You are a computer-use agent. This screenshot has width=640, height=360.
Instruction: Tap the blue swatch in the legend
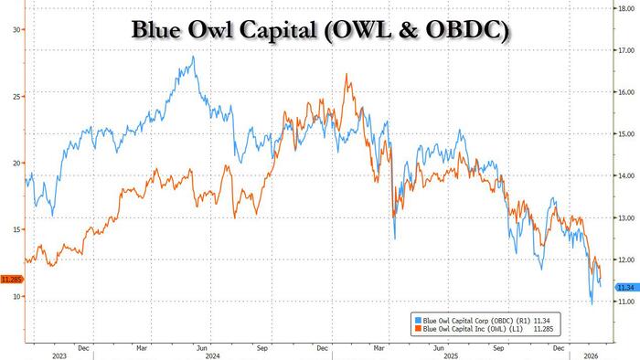tap(417, 319)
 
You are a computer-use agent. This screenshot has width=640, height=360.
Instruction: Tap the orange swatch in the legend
tap(417, 329)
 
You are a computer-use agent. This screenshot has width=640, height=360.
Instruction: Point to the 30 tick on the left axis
tap(16, 28)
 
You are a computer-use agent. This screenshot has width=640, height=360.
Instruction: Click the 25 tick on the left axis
tap(16, 95)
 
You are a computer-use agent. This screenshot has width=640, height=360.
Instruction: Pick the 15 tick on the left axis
tap(16, 229)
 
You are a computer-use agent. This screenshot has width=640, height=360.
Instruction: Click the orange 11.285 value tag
tap(11, 280)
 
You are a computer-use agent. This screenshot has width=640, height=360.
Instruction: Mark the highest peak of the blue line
tap(193, 57)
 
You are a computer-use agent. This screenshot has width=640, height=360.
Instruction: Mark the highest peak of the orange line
tap(347, 74)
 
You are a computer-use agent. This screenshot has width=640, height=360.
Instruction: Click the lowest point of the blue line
tap(592, 303)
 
